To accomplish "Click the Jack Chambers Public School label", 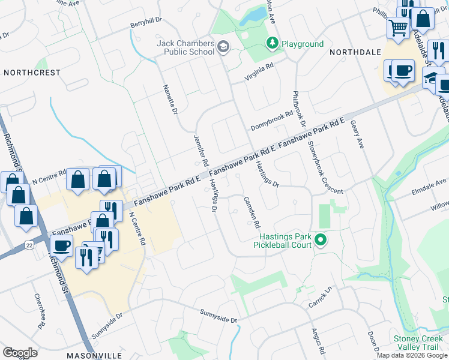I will (x=185, y=47).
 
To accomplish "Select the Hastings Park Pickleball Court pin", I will (x=321, y=241).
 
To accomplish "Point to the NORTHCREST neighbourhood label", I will (x=32, y=73).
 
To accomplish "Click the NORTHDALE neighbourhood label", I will (x=352, y=53).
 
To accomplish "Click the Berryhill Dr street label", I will (x=146, y=23).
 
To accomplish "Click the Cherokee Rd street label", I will (x=40, y=311).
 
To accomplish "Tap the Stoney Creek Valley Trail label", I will (x=421, y=343).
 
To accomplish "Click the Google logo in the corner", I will (x=20, y=353).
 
